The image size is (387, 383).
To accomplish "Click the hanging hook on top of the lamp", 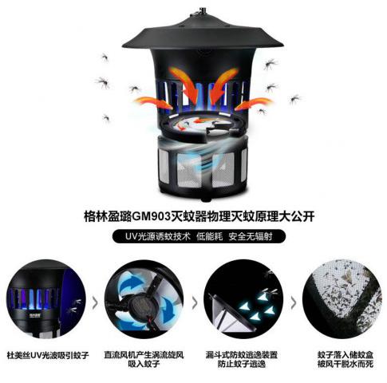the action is click(202, 10).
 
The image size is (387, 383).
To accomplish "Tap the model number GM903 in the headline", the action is click(151, 216).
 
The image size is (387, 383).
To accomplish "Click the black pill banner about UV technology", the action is click(199, 236).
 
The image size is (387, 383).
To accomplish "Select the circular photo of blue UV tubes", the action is click(46, 299).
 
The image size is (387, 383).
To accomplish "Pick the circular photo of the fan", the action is click(144, 299).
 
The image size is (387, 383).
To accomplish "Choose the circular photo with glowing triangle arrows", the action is click(243, 299).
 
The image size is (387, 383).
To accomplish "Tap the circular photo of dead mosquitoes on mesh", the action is click(342, 299).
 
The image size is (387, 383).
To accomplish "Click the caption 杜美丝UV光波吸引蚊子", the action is click(48, 355).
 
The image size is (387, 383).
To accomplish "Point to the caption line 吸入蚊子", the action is click(144, 364).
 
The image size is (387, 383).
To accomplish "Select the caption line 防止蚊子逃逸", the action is click(242, 364).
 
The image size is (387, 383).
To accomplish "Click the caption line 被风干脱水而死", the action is click(346, 364).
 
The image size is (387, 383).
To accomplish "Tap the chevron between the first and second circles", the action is click(95, 303).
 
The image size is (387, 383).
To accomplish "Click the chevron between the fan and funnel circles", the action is click(195, 303).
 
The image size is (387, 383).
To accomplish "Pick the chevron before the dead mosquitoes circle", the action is click(294, 303).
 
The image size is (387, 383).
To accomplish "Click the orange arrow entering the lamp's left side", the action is click(153, 103).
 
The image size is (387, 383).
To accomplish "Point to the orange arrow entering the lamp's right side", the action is click(254, 104).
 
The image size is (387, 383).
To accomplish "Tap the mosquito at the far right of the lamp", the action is click(296, 99).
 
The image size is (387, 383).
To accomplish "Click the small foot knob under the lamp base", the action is click(204, 198).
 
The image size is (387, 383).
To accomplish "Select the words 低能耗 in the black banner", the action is click(210, 236).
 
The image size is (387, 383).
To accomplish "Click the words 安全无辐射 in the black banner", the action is click(251, 236).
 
